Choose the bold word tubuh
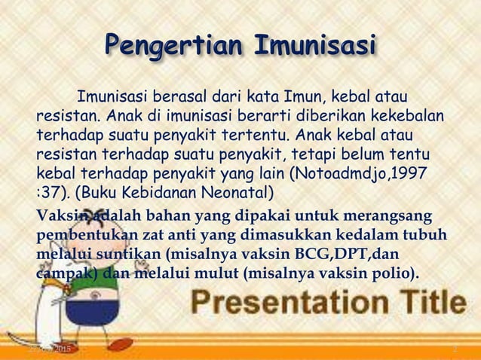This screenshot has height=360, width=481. point(427,235)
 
